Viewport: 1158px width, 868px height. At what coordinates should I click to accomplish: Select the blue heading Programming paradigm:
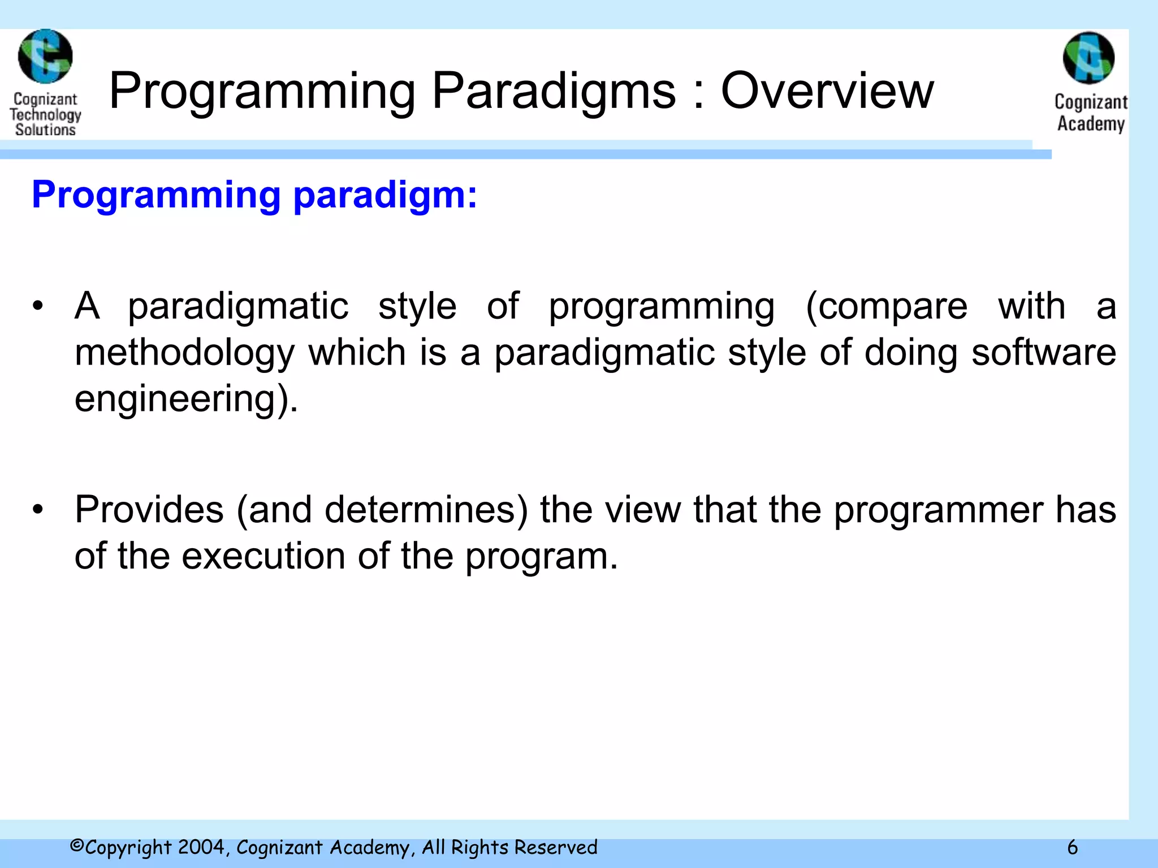tap(254, 195)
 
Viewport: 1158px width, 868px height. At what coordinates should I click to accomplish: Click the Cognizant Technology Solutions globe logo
tap(45, 57)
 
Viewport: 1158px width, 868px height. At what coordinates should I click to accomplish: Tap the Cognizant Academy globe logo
tap(1088, 58)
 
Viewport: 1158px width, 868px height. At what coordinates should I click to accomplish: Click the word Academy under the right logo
tap(1091, 124)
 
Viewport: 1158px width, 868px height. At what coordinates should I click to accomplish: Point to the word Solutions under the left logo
tap(45, 129)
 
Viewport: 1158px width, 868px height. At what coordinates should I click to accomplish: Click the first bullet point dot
tap(37, 307)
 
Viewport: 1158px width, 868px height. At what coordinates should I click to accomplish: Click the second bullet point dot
tap(37, 510)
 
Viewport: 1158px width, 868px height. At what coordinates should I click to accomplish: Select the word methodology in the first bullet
tap(184, 353)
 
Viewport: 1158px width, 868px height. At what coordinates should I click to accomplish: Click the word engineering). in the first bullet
tap(186, 400)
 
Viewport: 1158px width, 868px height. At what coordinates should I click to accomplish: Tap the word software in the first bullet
tap(1043, 353)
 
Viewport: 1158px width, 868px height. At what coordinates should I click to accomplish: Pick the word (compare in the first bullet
tap(886, 307)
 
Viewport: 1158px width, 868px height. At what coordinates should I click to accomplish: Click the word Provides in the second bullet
tap(149, 510)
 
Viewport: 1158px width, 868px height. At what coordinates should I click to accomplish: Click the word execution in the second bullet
tap(263, 556)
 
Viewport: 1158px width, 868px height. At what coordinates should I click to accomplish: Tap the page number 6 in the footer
tap(1072, 848)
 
